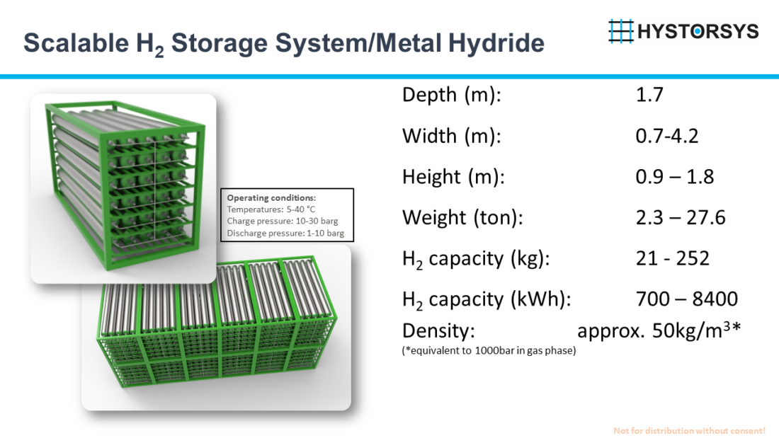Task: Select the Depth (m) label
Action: pos(451,95)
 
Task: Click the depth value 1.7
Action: pos(649,95)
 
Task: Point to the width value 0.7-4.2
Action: pos(666,136)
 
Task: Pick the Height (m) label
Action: pos(453,177)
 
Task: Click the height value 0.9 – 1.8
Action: pos(674,177)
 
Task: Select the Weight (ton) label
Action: pos(462,217)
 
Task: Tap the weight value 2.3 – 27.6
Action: pos(681,217)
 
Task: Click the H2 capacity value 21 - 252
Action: pos(672,258)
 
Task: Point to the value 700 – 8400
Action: pos(687,299)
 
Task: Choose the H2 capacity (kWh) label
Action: pos(486,299)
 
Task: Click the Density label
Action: pos(438,331)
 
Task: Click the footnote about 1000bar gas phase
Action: pos(489,350)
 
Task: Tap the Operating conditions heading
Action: pos(271,197)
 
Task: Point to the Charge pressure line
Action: pos(282,221)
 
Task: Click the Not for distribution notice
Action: pos(689,430)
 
